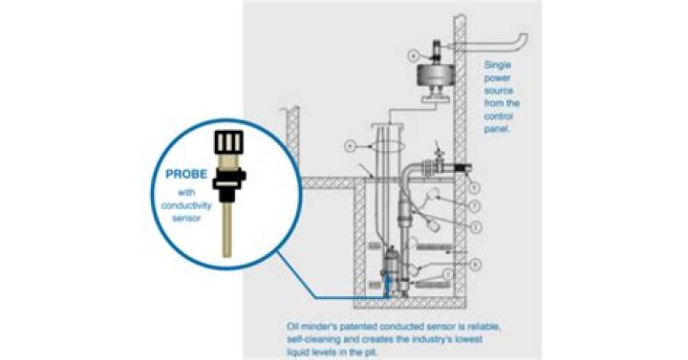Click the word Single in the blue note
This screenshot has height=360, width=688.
tap(500, 65)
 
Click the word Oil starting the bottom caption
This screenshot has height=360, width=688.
tap(292, 326)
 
